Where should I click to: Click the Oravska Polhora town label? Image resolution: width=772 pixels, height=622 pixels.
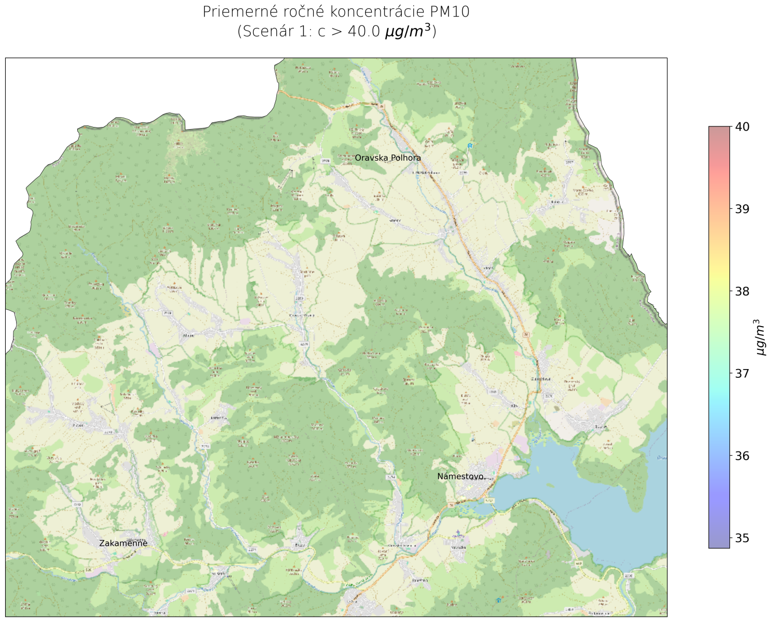point(388,158)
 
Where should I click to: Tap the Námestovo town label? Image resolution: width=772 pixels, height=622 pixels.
point(460,476)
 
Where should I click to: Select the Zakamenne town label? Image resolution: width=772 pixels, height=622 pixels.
point(123,543)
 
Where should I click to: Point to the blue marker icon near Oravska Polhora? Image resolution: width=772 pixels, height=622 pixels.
point(470,146)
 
